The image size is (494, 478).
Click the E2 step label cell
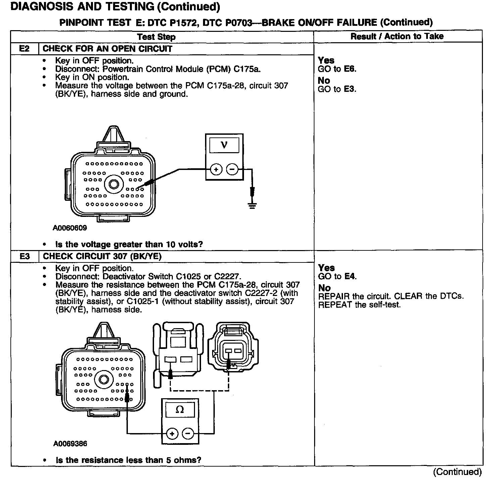24,49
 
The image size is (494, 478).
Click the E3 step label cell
24,256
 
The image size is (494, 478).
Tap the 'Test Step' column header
156,37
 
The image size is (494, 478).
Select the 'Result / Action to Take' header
397,36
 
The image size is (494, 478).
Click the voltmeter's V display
224,145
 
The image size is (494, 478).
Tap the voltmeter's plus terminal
216,170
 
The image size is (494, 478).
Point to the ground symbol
252,205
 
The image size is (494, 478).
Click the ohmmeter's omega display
180,410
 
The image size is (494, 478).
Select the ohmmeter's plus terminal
172,434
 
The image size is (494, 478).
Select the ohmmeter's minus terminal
188,434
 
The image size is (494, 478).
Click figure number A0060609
70,228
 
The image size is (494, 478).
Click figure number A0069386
70,444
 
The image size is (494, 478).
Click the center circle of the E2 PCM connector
114,184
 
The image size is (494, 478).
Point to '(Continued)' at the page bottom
458,472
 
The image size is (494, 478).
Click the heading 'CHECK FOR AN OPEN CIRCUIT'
107,49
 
